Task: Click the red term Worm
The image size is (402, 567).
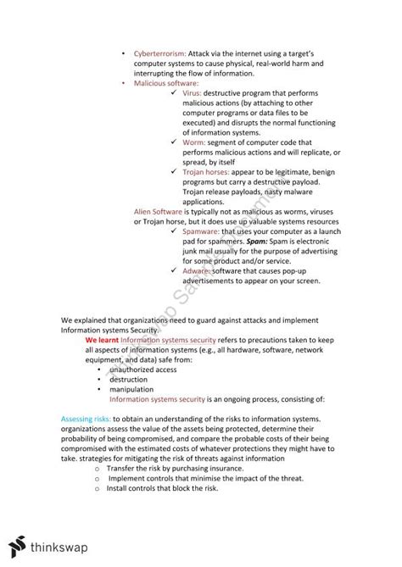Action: (x=194, y=142)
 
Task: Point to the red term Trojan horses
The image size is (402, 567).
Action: (x=205, y=172)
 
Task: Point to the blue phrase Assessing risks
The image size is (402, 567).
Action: (x=90, y=420)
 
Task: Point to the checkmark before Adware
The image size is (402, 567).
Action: (x=173, y=271)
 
